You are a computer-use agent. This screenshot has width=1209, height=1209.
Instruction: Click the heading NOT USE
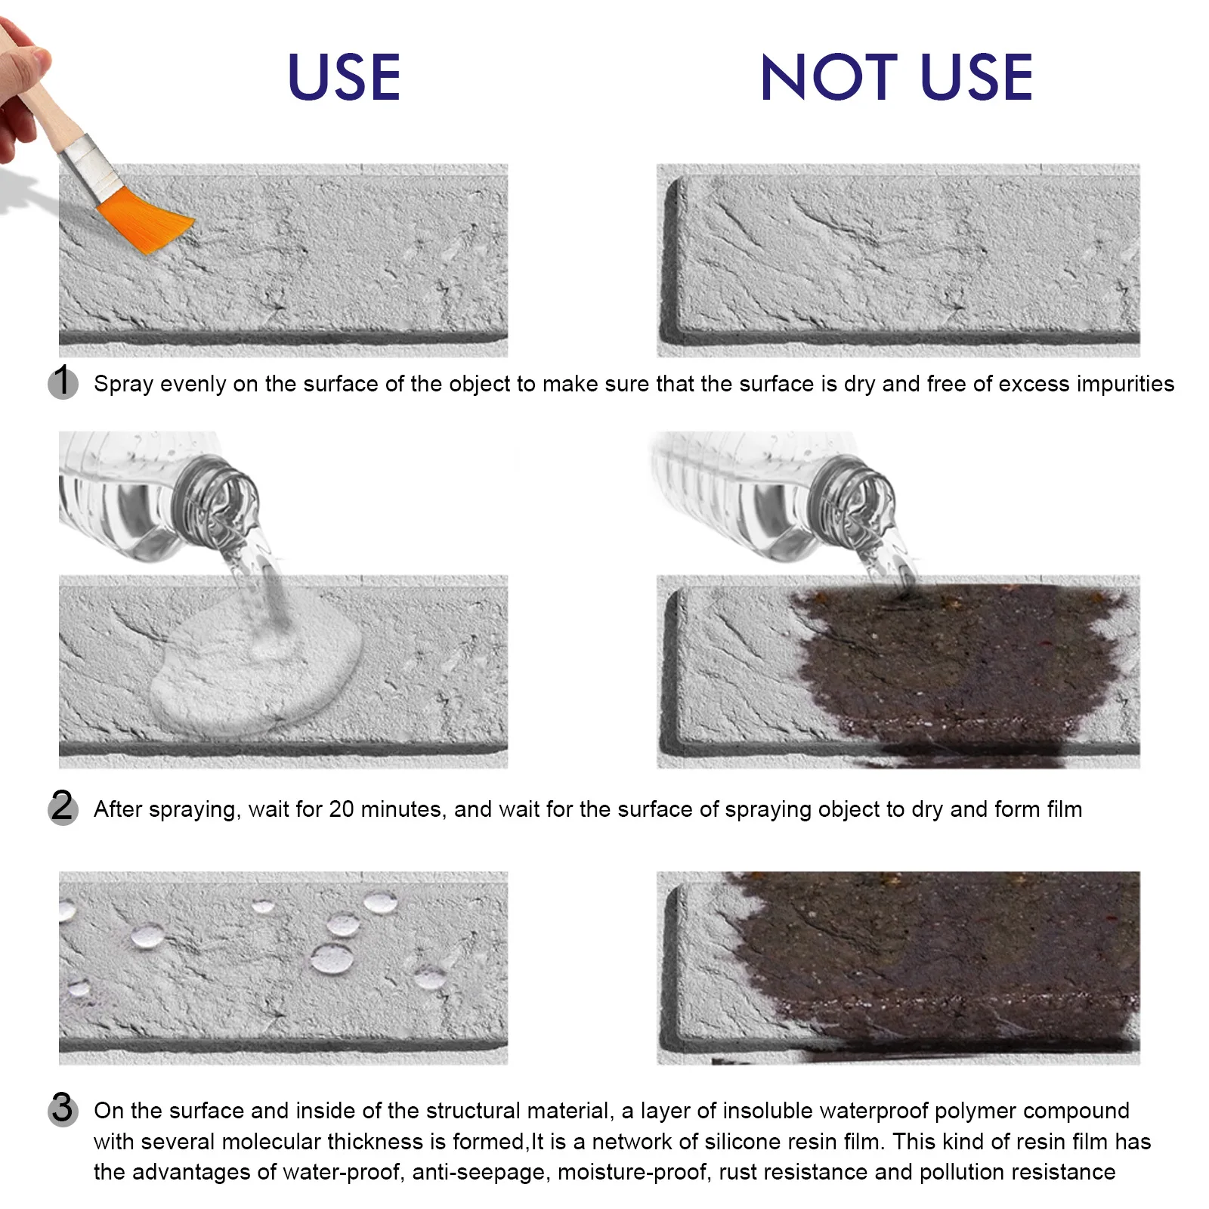coord(896,77)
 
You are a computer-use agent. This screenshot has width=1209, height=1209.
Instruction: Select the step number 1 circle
coord(63,382)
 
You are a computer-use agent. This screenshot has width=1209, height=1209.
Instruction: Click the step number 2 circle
coord(63,807)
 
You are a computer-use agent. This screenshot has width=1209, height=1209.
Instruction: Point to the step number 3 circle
coord(63,1109)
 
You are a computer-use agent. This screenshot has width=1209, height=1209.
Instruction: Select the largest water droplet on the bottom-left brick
coord(332,958)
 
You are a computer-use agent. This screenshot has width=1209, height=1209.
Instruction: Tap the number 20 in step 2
coord(342,809)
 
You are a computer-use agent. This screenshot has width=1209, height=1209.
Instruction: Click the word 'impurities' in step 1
coord(1125,384)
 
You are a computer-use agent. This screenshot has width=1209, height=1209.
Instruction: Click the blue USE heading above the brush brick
coord(344,77)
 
